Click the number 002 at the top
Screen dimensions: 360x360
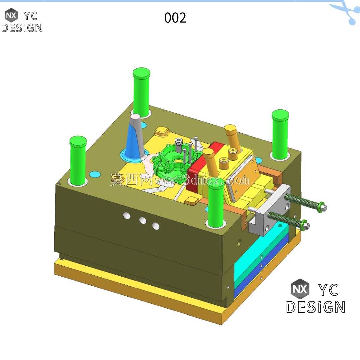pyautogui.click(x=175, y=18)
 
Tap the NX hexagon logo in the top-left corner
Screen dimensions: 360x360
pyautogui.click(x=11, y=15)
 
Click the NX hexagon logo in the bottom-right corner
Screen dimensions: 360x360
pyautogui.click(x=300, y=289)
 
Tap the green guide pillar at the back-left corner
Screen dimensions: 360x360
pyautogui.click(x=142, y=92)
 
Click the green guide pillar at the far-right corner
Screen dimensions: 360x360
pyautogui.click(x=280, y=134)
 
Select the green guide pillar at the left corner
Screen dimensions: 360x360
pyautogui.click(x=78, y=160)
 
